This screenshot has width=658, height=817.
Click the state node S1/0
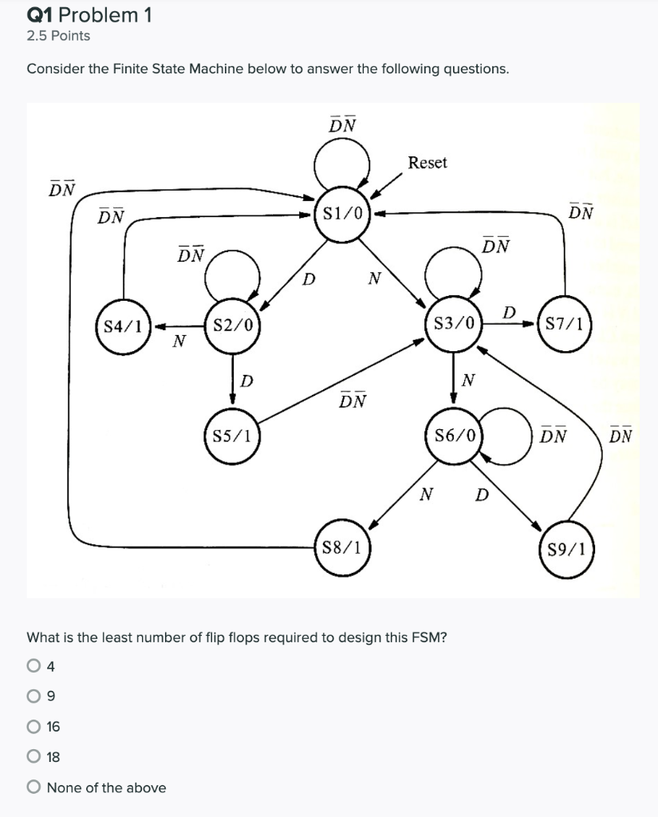pyautogui.click(x=341, y=213)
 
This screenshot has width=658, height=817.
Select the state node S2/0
pyautogui.click(x=231, y=325)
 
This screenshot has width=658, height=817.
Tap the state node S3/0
pyautogui.click(x=453, y=324)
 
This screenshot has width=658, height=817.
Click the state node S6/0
pyautogui.click(x=453, y=436)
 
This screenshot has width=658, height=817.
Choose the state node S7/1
pyautogui.click(x=565, y=324)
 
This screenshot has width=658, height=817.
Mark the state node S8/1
pyautogui.click(x=341, y=547)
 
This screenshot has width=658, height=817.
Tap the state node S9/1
pyautogui.click(x=565, y=548)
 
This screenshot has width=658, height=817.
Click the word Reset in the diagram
pyautogui.click(x=428, y=163)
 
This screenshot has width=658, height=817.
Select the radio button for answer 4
pyautogui.click(x=33, y=665)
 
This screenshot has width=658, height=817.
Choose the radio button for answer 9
pyautogui.click(x=33, y=696)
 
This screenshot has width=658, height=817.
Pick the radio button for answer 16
pyautogui.click(x=33, y=726)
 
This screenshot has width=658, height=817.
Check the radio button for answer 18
pyautogui.click(x=33, y=756)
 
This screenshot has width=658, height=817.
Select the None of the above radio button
pyautogui.click(x=33, y=787)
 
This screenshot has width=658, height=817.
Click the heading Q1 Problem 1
pyautogui.click(x=78, y=14)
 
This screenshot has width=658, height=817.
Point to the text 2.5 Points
pyautogui.click(x=58, y=36)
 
